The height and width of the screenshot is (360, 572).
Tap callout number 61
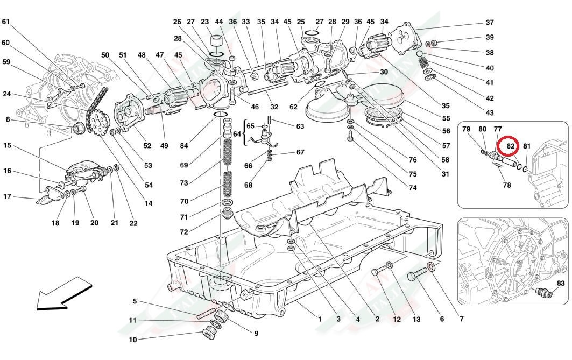(x=6, y=22)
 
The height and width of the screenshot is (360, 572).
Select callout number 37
(x=490, y=23)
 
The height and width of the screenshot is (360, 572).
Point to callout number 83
(x=561, y=283)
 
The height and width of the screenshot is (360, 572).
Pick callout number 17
(x=7, y=196)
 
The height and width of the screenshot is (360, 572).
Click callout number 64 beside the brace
(x=237, y=133)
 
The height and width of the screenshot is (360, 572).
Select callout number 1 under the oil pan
(x=320, y=319)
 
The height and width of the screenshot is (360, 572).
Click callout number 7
(x=461, y=319)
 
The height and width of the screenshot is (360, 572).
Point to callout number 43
(x=490, y=113)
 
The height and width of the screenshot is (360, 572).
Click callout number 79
(x=466, y=129)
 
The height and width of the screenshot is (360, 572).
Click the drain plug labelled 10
(x=208, y=332)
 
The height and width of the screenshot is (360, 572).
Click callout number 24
(x=7, y=94)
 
